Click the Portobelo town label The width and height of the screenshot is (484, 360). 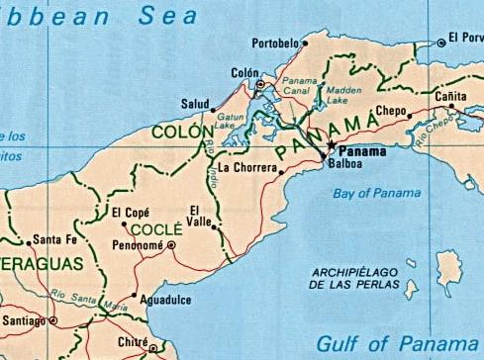tap(275, 44)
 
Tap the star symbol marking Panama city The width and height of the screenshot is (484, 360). tap(332, 145)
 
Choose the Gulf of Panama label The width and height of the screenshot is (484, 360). tap(399, 343)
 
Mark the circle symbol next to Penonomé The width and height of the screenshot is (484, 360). tap(171, 244)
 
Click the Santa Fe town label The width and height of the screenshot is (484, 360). tap(55, 239)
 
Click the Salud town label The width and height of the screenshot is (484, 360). tap(195, 104)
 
